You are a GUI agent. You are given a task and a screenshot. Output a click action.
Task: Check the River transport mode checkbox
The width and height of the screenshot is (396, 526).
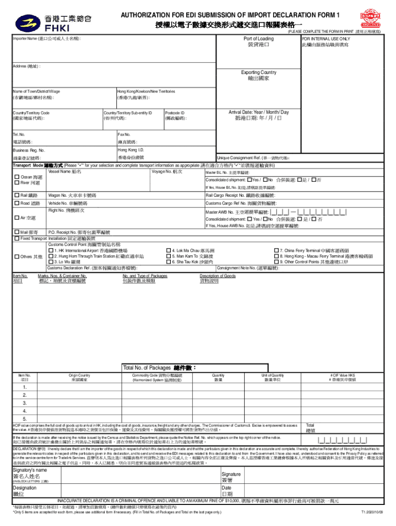[x=16, y=183]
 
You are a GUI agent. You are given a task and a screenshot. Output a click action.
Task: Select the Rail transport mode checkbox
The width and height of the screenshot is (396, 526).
[x=16, y=196]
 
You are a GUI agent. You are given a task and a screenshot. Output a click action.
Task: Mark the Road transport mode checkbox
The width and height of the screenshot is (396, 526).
[x=16, y=204]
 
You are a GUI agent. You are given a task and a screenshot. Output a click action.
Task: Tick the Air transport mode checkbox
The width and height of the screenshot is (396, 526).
[x=16, y=218]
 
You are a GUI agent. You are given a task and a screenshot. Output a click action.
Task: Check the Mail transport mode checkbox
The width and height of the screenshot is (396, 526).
[x=16, y=232]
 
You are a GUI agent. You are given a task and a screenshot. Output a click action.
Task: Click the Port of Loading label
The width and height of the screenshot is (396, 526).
[x=258, y=39]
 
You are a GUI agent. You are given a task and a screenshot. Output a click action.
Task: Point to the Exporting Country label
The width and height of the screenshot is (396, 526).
[x=258, y=72]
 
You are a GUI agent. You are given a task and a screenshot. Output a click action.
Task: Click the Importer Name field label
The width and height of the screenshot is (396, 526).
[x=47, y=39]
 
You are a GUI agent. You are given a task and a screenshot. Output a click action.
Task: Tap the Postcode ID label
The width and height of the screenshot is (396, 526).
[x=175, y=112]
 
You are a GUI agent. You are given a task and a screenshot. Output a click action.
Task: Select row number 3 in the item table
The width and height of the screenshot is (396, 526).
[x=25, y=403]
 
